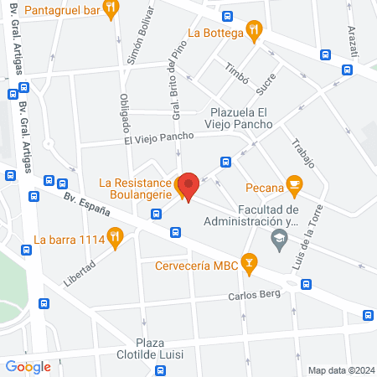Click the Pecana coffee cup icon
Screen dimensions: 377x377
click(293, 184)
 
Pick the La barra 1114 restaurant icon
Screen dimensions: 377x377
click(114, 239)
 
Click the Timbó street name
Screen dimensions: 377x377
click(236, 73)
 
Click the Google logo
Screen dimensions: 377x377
click(28, 366)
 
